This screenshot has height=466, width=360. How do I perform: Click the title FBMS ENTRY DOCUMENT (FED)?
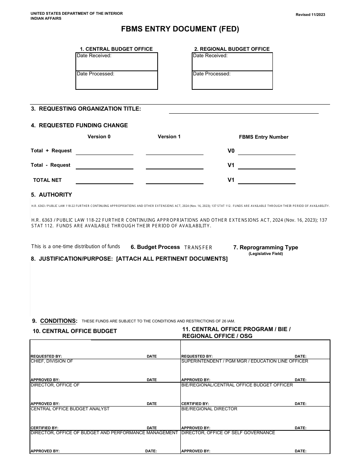pos(180,29)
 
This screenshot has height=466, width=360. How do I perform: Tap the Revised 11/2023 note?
pos(310,15)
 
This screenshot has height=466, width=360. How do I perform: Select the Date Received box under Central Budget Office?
pos(117,62)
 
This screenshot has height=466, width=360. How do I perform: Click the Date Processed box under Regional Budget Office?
pos(232,80)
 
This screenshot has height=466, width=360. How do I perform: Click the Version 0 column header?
pos(99,137)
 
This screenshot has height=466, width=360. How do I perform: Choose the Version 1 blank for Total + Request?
pos(174,151)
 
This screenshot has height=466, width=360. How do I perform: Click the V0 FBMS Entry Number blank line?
pos(266,151)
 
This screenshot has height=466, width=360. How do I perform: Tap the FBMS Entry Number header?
pos(263,137)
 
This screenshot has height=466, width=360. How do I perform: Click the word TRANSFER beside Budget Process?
pos(198,247)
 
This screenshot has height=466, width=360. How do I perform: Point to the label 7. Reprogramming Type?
pos(265,247)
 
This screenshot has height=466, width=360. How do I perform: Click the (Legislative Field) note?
pos(266,254)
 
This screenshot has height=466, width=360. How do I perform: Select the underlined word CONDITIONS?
pos(58,321)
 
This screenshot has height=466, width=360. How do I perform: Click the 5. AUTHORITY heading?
pos(51,195)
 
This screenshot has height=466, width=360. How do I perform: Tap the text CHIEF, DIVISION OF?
pos(52,361)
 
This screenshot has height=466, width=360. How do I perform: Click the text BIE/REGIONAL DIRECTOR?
pos(209,409)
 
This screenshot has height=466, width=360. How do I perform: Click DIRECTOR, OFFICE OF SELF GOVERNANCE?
pos(228,433)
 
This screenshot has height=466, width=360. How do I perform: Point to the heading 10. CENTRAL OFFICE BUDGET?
pos(75,331)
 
